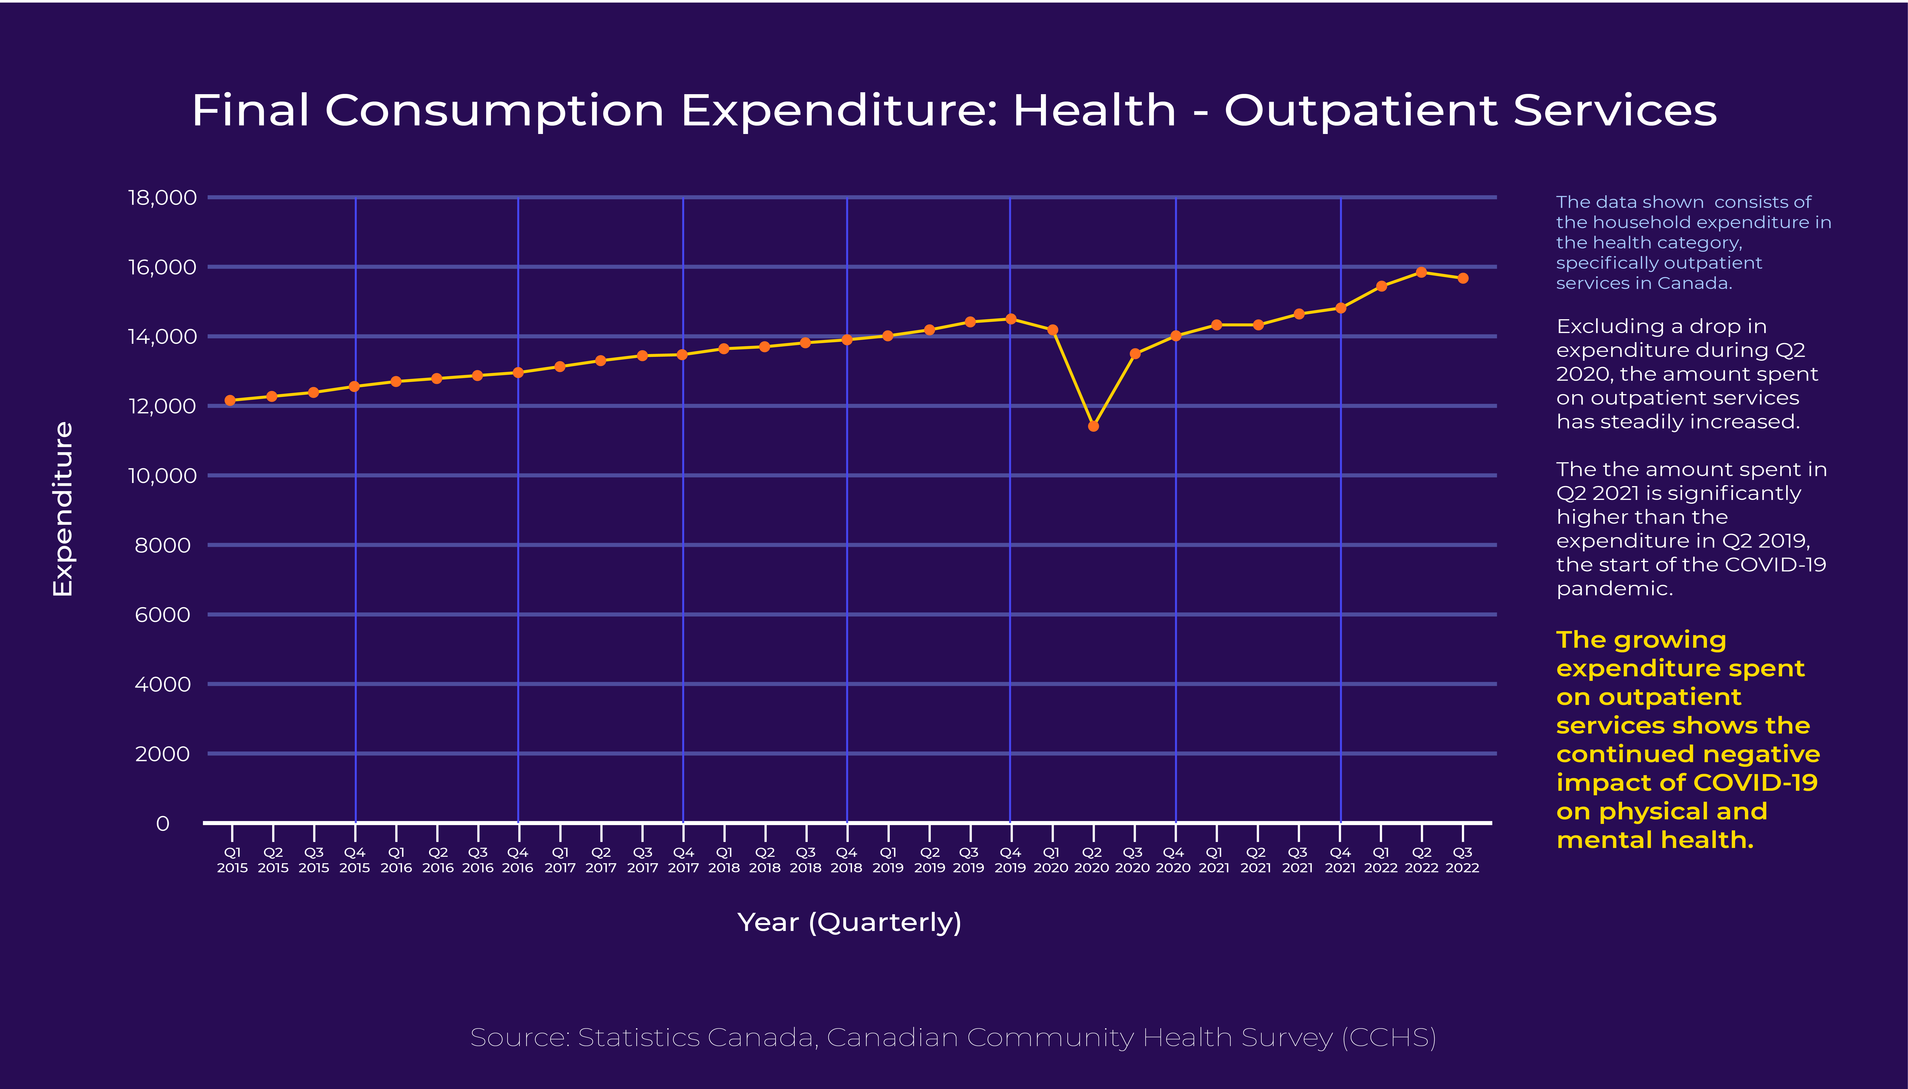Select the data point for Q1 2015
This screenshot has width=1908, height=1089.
pos(230,400)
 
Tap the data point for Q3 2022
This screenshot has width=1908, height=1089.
pos(1463,278)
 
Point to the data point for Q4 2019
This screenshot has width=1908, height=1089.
pos(1010,319)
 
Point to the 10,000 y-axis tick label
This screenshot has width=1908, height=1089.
pos(162,476)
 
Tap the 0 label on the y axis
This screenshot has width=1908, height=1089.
pos(162,823)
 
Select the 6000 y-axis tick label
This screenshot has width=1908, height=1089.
pos(162,615)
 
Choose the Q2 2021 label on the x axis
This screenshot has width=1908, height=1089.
pos(1256,860)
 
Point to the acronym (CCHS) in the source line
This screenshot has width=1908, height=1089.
pos(1389,1038)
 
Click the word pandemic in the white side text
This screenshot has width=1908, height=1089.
pos(1614,589)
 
